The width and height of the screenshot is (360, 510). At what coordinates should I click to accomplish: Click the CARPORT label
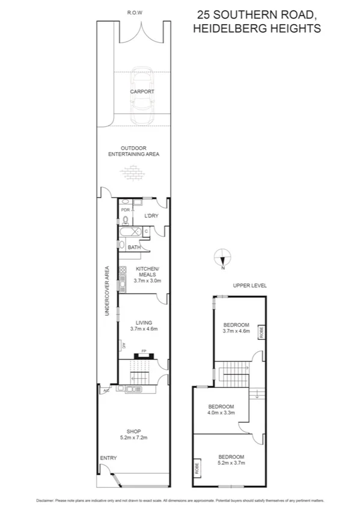click(142, 91)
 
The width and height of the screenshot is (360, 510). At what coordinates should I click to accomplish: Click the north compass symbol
click(223, 257)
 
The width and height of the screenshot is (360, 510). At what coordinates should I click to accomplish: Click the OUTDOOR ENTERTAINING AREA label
click(133, 151)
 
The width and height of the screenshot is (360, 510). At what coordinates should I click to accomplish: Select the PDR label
click(125, 210)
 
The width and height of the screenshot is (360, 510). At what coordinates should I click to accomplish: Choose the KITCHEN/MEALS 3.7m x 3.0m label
click(147, 274)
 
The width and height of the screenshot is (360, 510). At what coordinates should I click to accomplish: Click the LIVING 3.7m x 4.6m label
click(144, 325)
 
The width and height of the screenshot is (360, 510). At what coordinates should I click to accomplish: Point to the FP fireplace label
click(144, 351)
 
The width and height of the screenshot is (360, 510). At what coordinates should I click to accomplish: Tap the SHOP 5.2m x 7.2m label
click(133, 434)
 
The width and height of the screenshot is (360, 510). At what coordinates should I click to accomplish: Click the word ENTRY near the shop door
click(108, 458)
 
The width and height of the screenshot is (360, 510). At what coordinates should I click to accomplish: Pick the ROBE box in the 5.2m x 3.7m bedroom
click(197, 469)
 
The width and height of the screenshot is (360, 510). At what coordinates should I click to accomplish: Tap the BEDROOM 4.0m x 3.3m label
click(221, 409)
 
